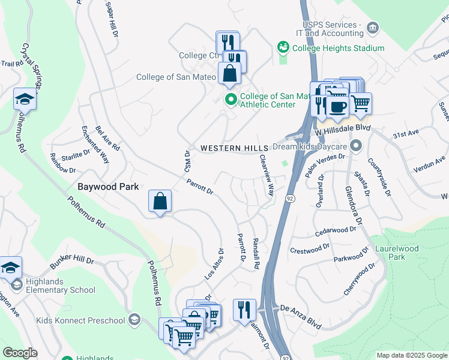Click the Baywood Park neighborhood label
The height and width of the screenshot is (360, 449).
pos(108,187)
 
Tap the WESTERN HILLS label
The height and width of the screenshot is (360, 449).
pos(234,148)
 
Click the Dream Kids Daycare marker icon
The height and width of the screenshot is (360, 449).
pos(357,146)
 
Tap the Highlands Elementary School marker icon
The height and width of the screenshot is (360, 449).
pos(16,283)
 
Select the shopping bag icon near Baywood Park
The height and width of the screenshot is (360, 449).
pos(160,202)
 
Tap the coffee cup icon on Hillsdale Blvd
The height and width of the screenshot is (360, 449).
pos(337,106)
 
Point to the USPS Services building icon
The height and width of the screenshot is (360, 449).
pos(373,28)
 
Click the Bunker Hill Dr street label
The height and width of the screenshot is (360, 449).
pos(73,261)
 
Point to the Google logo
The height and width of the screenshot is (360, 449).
pos(20,353)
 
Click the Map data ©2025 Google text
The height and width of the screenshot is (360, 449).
pos(411,355)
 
